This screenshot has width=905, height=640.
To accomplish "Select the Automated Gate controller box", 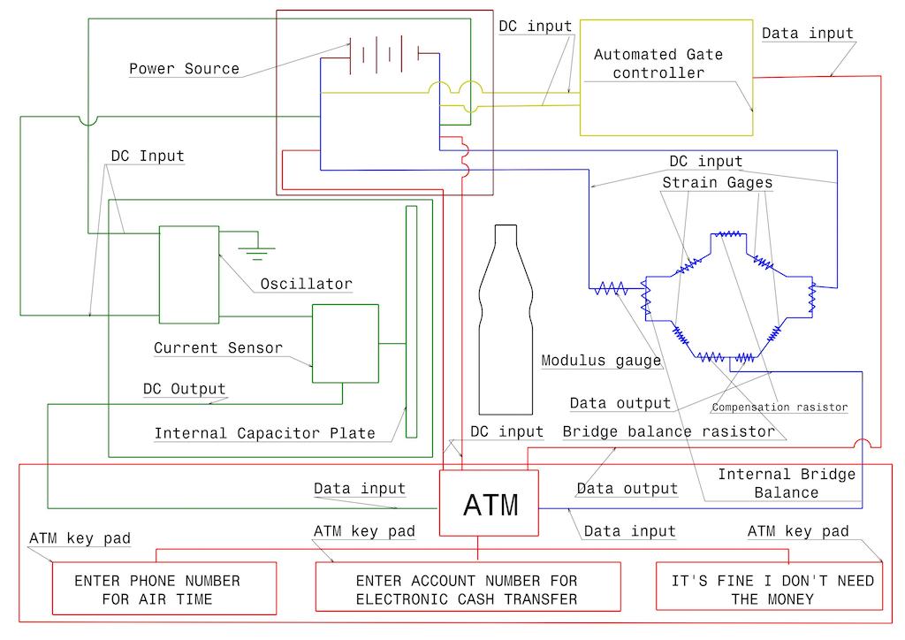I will pos(665,78).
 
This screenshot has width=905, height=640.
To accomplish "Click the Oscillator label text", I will pos(306,284).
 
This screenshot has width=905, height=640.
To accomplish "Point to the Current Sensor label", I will pos(218,347).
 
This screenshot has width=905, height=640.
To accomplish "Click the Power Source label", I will pos(184,68).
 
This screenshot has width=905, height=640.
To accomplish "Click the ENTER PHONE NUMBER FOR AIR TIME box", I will pos(156,590).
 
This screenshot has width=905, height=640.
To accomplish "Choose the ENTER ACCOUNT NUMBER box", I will pos(466,590).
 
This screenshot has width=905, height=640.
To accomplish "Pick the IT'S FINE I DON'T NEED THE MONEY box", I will pos(769,590).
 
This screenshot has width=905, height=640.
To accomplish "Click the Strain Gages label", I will pos(718,183).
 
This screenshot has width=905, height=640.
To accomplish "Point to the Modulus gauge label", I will pos(601,360).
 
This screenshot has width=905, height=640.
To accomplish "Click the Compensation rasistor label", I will pos(780,408).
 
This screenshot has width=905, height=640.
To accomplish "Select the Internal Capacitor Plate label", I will pos(264,433).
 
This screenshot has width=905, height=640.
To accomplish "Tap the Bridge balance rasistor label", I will pos(669,431).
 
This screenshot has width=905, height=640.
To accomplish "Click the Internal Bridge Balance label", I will pos(786,483).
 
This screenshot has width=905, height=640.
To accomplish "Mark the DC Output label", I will pos(184,389).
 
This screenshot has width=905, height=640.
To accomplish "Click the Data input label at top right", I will pos(807,34).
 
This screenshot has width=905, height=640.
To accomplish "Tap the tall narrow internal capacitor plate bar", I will pos(411,321).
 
